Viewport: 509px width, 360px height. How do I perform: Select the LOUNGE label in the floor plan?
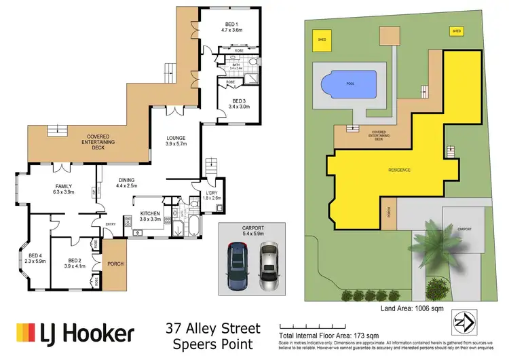point(176,141)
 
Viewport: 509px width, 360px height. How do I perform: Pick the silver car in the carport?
point(269,266)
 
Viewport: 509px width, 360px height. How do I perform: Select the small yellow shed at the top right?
point(456,31)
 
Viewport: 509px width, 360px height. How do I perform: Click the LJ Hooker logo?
point(74,333)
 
